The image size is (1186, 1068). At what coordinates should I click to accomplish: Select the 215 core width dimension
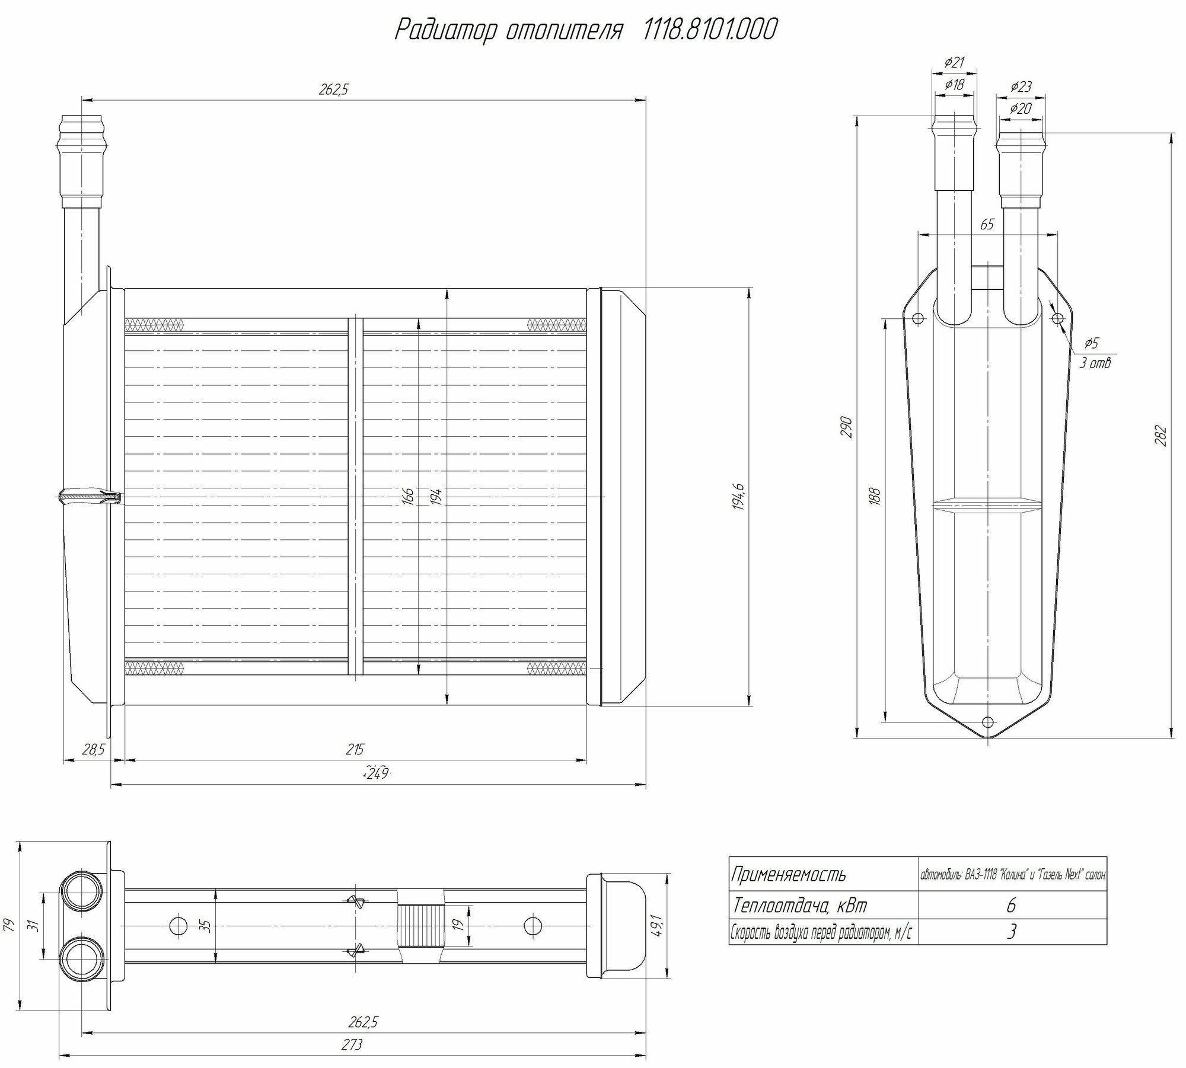355,749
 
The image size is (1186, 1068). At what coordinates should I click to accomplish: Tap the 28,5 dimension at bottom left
93,750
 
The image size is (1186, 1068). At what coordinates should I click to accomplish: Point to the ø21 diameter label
954,62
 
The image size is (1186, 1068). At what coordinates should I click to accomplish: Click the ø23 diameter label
1020,87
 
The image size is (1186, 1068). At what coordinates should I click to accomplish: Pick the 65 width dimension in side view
987,225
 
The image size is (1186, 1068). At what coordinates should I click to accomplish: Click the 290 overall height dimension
847,427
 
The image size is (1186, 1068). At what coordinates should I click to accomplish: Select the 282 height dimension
1161,436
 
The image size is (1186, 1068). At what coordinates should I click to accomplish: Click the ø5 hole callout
1091,343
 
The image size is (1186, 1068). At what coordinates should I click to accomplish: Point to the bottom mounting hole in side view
987,722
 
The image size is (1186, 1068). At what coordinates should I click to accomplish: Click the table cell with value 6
1012,905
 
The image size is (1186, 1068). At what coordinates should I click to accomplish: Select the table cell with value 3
1012,932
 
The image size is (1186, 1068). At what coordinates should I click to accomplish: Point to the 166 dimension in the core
408,496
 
